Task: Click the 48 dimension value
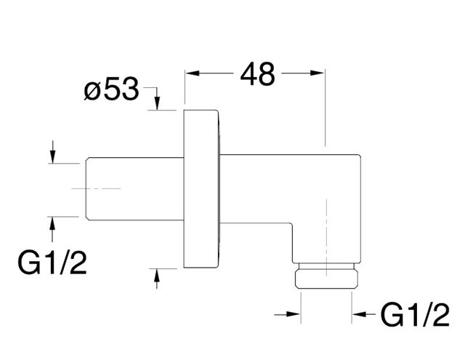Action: pyautogui.click(x=257, y=74)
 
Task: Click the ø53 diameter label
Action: pyautogui.click(x=112, y=89)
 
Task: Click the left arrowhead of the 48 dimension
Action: pyautogui.click(x=193, y=73)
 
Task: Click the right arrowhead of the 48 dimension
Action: pyautogui.click(x=317, y=73)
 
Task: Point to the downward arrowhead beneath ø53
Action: pyautogui.click(x=157, y=103)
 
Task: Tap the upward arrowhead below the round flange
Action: pyautogui.click(x=157, y=276)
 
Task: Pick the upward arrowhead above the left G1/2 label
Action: pyautogui.click(x=52, y=224)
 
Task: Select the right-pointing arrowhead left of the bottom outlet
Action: pyautogui.click(x=294, y=314)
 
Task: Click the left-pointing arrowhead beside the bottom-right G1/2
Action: pyautogui.click(x=359, y=314)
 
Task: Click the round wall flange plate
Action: pyautogui.click(x=201, y=189)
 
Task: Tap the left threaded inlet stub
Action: pyautogui.click(x=135, y=189)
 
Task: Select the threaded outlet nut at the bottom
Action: pyautogui.click(x=326, y=279)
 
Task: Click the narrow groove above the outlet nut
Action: pyautogui.click(x=326, y=266)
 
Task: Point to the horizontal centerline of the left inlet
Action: pyautogui.click(x=96, y=189)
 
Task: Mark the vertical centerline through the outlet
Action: pyautogui.click(x=326, y=238)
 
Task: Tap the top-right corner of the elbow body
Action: pyautogui.click(x=360, y=155)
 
